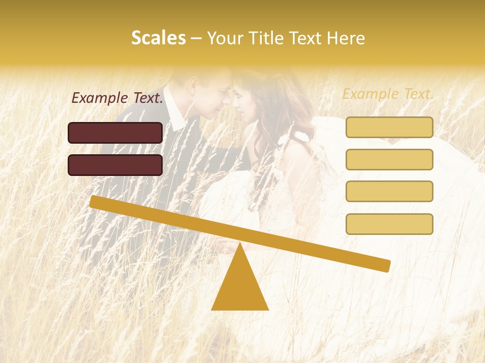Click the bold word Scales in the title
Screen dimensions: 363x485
158,38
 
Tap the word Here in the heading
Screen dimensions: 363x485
345,38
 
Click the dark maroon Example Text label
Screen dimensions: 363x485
117,98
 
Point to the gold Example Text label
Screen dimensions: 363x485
388,94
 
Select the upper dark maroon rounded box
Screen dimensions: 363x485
115,133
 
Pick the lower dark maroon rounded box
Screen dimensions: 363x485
115,165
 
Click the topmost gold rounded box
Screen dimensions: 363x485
389,127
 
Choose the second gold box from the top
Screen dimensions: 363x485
389,159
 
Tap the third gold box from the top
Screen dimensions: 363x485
389,191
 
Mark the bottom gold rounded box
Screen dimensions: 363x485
389,224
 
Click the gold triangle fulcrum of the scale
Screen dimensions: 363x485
239,287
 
